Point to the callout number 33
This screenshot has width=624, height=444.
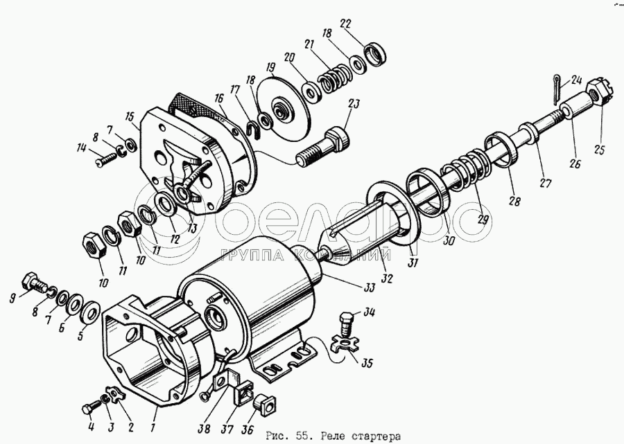(370, 287)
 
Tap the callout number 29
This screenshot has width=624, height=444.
(483, 219)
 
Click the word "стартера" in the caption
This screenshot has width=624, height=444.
(376, 437)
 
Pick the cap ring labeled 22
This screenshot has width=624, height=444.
(375, 53)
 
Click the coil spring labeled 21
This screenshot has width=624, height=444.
(334, 78)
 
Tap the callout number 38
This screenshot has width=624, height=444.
(204, 429)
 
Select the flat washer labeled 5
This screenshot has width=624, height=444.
(91, 312)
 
